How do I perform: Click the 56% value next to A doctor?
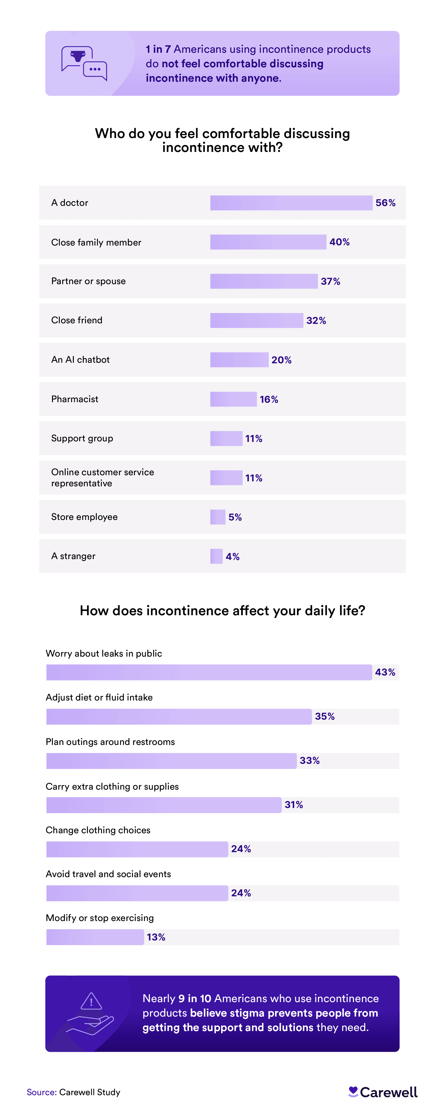385,203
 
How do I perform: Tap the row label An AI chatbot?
80,360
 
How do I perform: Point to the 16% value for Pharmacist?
269,399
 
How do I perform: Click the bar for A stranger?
216,556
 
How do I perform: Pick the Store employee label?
84,517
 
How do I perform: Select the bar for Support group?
226,438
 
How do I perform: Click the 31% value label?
294,805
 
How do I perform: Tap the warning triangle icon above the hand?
91,1001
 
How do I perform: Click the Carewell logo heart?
353,1091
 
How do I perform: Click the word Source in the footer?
41,1092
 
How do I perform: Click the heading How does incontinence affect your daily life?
222,611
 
